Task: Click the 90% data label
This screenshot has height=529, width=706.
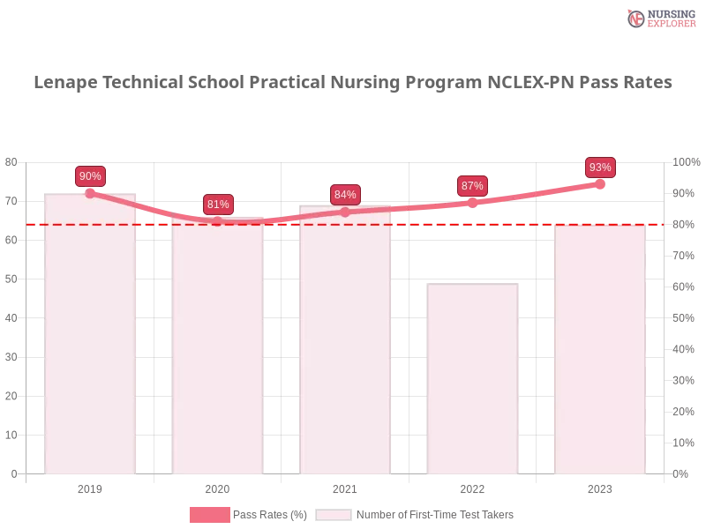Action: (x=90, y=176)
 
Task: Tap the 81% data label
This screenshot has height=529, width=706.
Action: (x=218, y=205)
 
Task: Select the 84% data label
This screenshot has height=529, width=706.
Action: (x=345, y=195)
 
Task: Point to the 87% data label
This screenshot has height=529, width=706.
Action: (x=472, y=186)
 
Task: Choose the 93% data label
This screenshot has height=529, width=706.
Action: (x=600, y=168)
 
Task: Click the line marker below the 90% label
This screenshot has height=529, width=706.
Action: (x=90, y=193)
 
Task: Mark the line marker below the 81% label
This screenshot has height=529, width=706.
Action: (x=218, y=220)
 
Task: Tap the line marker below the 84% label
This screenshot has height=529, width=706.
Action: (x=345, y=212)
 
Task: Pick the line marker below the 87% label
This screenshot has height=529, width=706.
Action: (x=472, y=203)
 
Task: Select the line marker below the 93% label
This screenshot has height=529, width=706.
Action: (x=600, y=184)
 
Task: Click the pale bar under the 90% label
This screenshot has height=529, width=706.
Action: (x=92, y=335)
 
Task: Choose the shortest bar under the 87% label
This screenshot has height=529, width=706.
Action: (x=473, y=379)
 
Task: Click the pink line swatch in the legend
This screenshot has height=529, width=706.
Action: (x=209, y=514)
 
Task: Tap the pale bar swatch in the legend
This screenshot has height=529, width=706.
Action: (x=334, y=515)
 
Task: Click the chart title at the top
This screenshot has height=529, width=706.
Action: (x=353, y=83)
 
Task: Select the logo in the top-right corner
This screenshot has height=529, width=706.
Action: (x=659, y=19)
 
